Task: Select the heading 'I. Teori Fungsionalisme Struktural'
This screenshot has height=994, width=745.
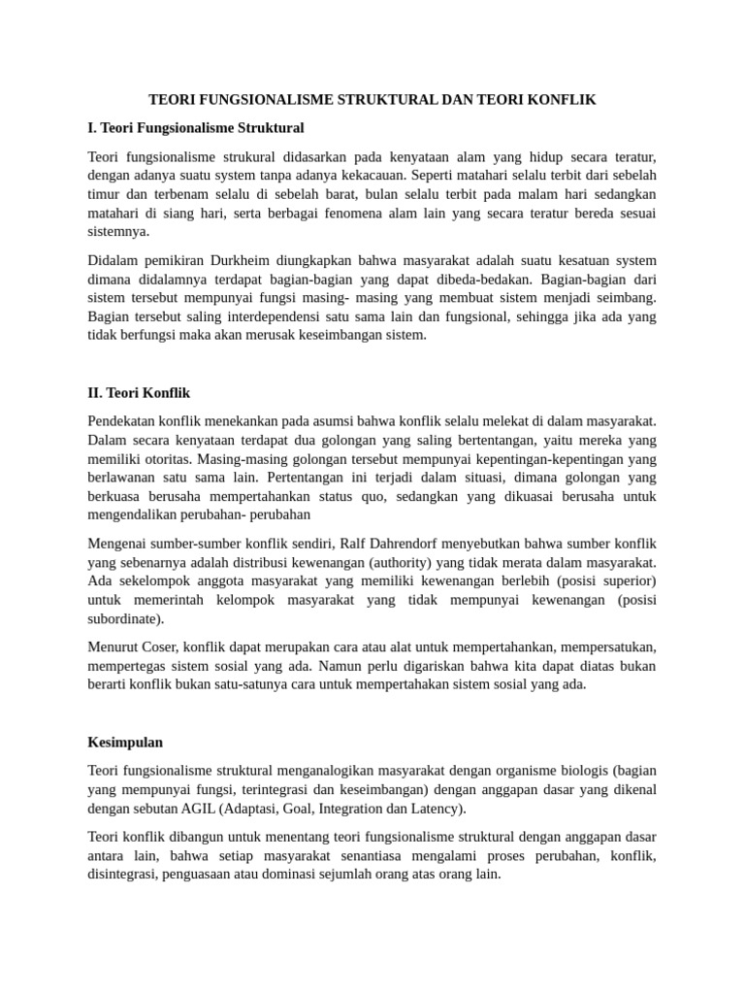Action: tap(195, 128)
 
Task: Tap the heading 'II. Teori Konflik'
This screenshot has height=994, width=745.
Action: tap(139, 393)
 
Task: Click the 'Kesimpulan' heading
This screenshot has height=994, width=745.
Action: tap(124, 742)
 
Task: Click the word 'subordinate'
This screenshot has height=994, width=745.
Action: tap(124, 618)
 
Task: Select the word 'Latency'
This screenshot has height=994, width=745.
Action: tap(437, 809)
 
